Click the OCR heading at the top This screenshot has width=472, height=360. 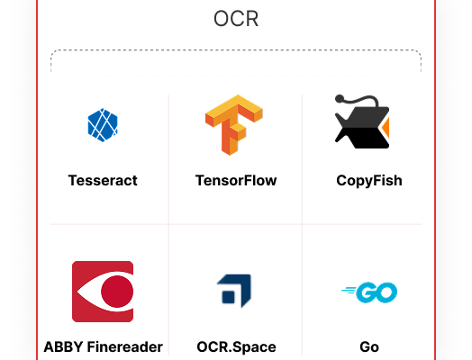(x=236, y=19)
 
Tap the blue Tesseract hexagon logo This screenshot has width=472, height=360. (x=103, y=125)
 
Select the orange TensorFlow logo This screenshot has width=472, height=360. (x=234, y=125)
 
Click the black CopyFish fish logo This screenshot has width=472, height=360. (x=362, y=121)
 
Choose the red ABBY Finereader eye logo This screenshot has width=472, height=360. (x=103, y=292)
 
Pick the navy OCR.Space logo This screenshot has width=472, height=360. (x=234, y=291)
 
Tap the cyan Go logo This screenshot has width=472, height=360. (x=369, y=292)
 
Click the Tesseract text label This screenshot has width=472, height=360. (x=103, y=181)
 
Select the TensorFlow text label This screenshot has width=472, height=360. (x=236, y=181)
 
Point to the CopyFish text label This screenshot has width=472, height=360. (x=369, y=181)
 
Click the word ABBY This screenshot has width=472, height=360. (x=63, y=346)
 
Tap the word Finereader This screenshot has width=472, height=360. (x=125, y=346)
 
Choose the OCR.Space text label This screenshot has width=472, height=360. (x=236, y=347)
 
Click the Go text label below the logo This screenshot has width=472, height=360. (x=369, y=346)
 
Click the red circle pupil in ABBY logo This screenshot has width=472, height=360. (x=117, y=292)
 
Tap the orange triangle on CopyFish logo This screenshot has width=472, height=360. (x=386, y=128)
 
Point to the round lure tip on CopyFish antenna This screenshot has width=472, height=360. (x=340, y=98)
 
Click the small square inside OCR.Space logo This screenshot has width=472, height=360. (x=228, y=297)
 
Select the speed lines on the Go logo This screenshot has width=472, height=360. (x=349, y=290)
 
